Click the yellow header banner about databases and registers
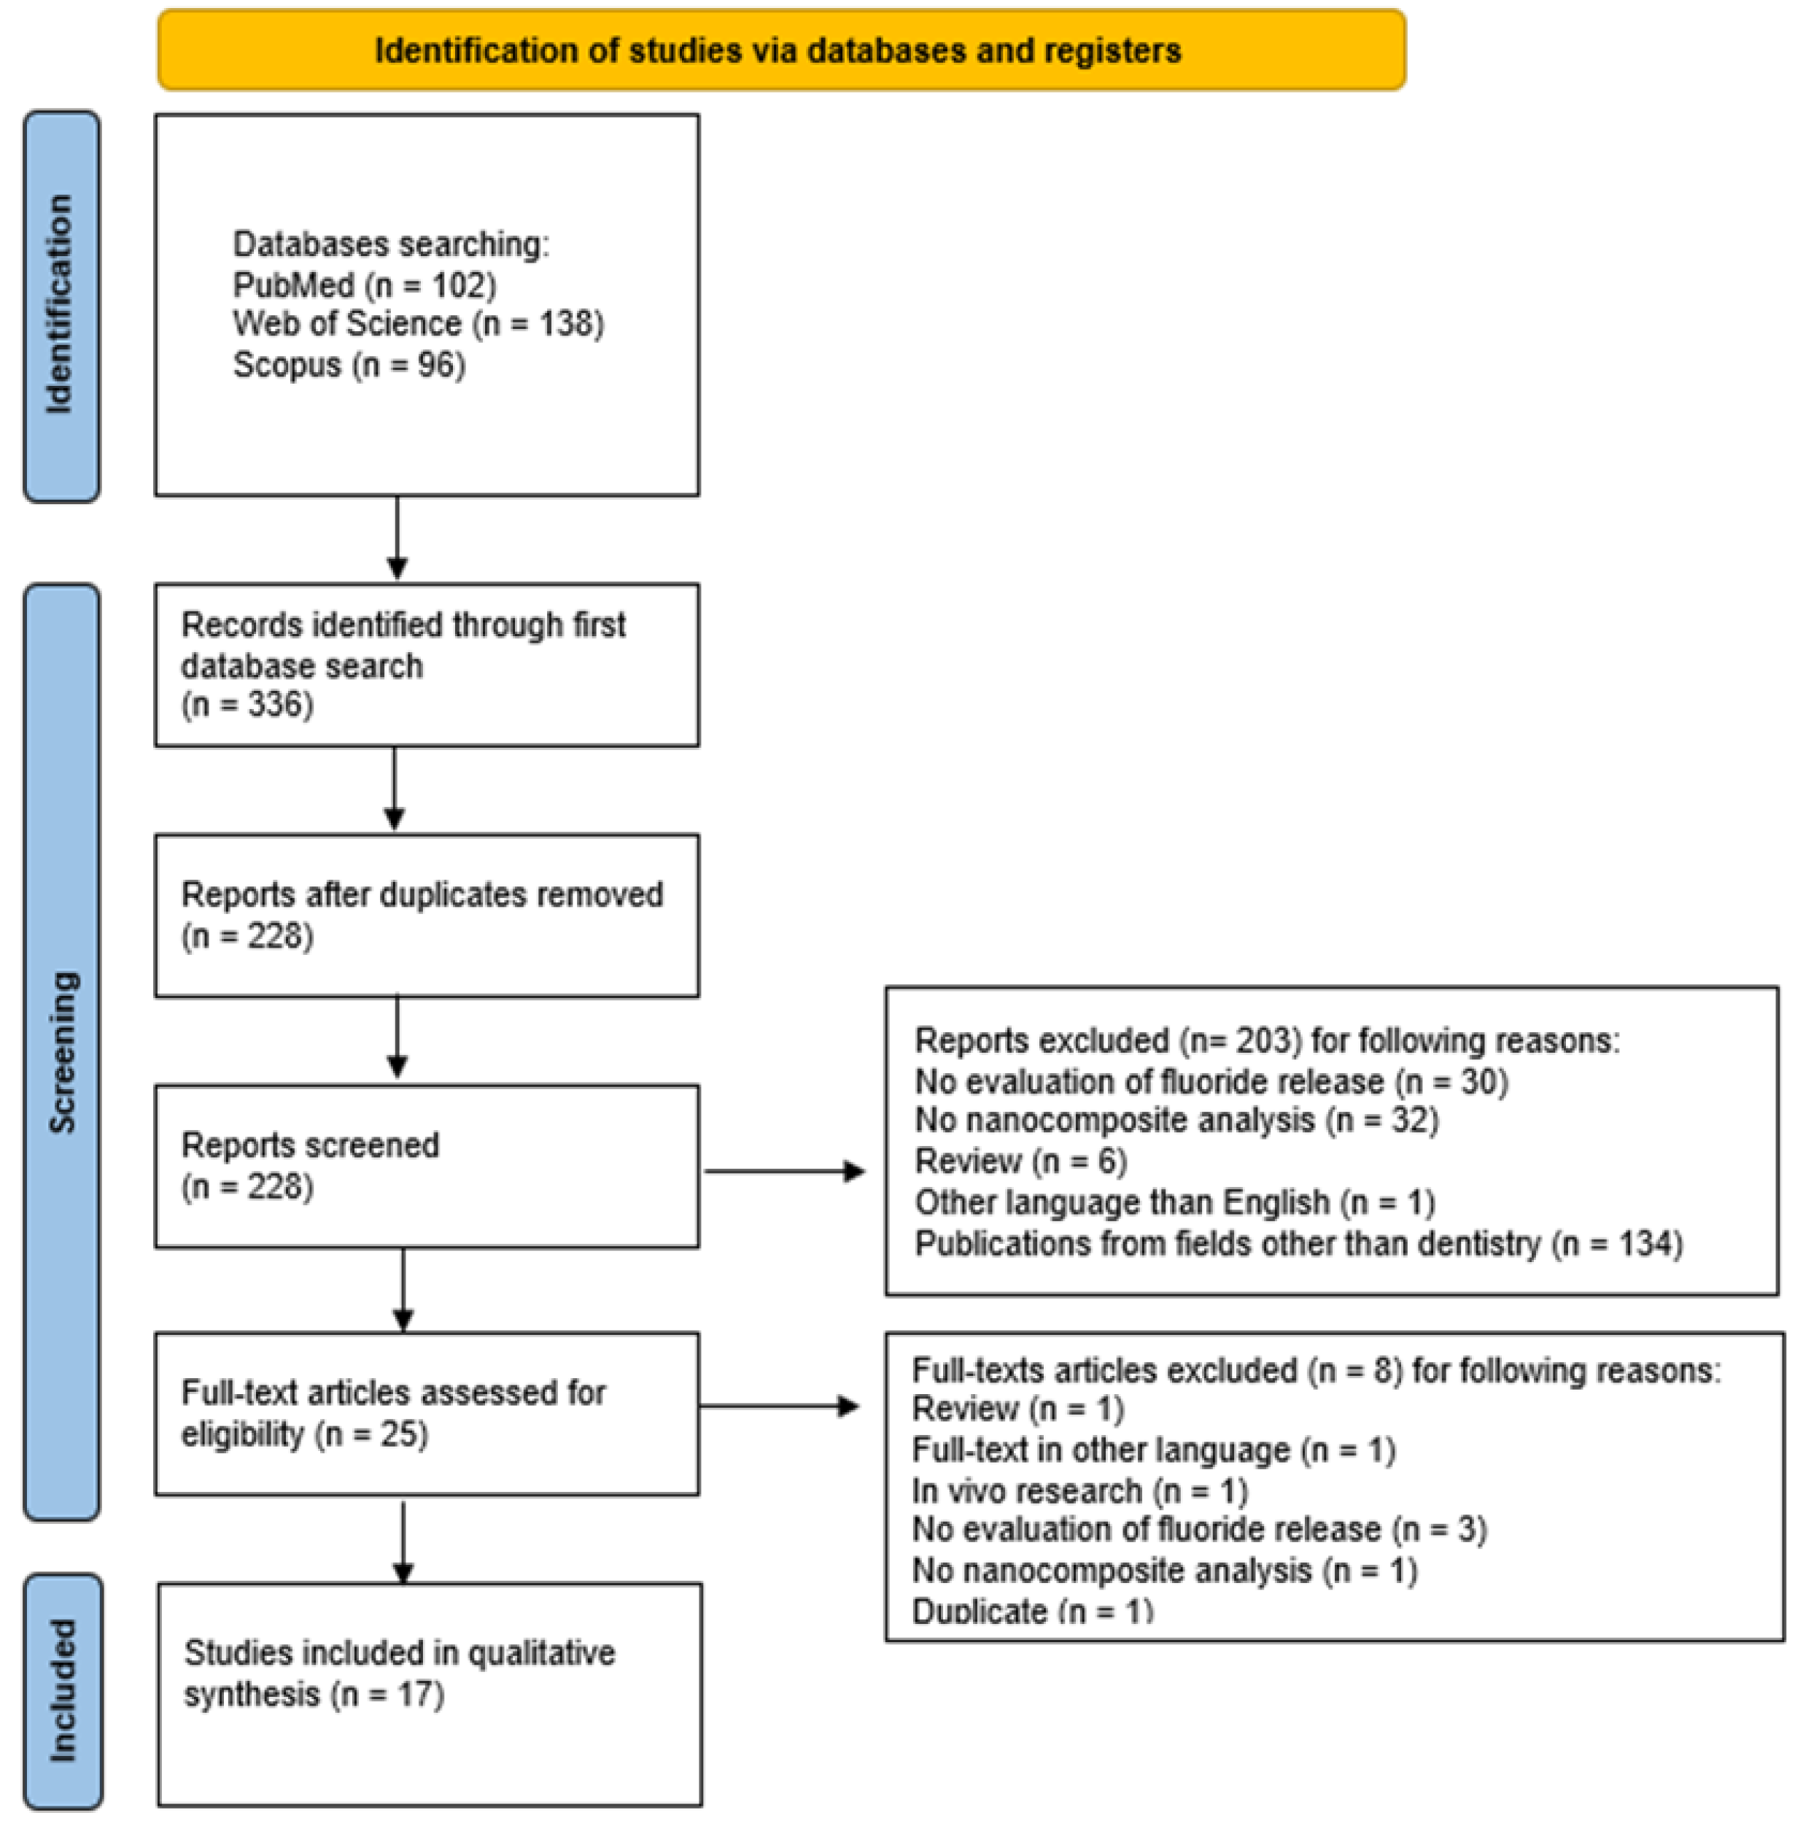(x=780, y=50)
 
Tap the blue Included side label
(x=63, y=1691)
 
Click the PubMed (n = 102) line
(x=364, y=285)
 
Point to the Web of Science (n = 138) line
(x=418, y=324)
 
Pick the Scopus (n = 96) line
(x=349, y=365)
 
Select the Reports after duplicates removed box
(x=426, y=915)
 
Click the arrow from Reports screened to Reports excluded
(x=784, y=1172)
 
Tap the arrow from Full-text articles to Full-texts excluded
(x=779, y=1407)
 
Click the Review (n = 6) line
(x=1020, y=1161)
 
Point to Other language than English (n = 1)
(x=1174, y=1202)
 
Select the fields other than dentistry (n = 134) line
(x=1298, y=1244)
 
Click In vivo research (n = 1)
(x=1079, y=1490)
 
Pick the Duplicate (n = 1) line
(x=1032, y=1611)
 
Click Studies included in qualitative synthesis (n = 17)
(x=399, y=1672)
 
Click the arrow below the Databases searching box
(x=397, y=538)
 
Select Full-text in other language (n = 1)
(x=1153, y=1449)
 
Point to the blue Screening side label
(x=63, y=1052)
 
